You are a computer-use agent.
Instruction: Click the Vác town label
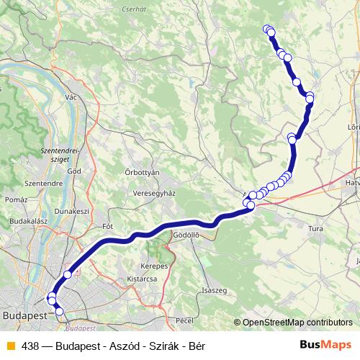[x=71, y=96]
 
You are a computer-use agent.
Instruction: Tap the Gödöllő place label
[x=186, y=235]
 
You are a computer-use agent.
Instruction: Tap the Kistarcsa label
[x=141, y=277]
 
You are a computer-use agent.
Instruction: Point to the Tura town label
[x=315, y=228]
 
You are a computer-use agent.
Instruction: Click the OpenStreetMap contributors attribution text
[x=297, y=323]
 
